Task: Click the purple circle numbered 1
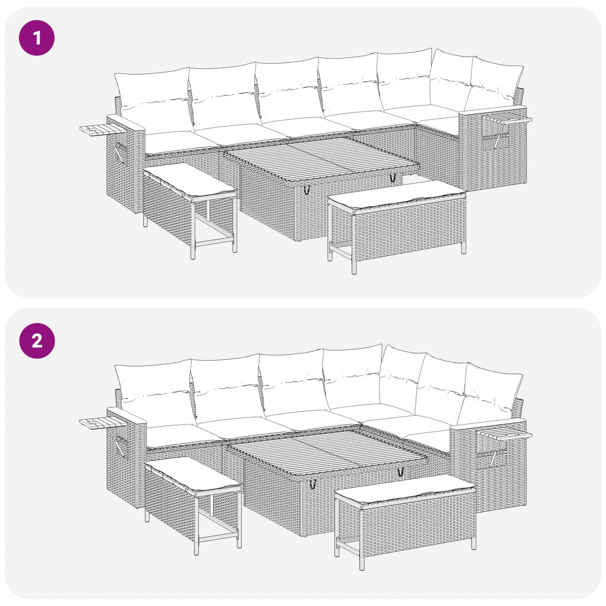coord(37,38)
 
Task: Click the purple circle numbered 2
coord(37,341)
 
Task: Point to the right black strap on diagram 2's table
coord(401,471)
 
